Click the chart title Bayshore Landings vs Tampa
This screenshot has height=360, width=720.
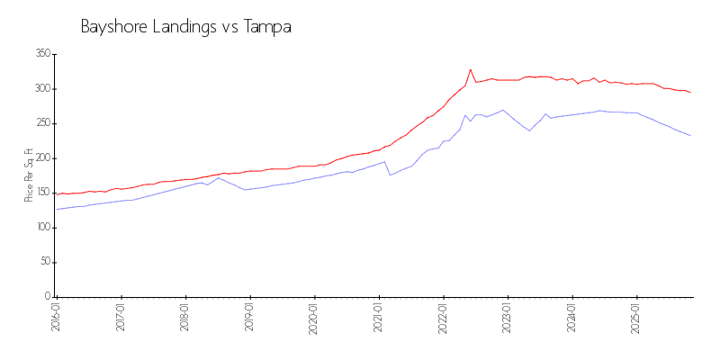[x=185, y=27]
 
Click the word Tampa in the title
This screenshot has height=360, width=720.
[x=267, y=27]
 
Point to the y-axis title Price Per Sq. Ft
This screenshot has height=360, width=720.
[x=30, y=175]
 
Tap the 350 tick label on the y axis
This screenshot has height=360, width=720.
[x=41, y=54]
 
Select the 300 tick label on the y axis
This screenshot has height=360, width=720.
[x=41, y=89]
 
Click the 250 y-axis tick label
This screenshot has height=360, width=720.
[x=41, y=123]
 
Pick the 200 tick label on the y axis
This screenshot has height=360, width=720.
[x=41, y=158]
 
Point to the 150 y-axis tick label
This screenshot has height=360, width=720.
[x=41, y=193]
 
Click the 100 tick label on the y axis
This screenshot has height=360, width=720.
[x=41, y=228]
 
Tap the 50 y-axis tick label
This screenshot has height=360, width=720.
[x=44, y=262]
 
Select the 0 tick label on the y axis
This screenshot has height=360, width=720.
[x=47, y=297]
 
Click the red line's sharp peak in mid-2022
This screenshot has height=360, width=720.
[x=470, y=69]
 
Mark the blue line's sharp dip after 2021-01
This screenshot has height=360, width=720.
[x=390, y=175]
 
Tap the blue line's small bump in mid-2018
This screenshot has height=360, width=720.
[x=218, y=178]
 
